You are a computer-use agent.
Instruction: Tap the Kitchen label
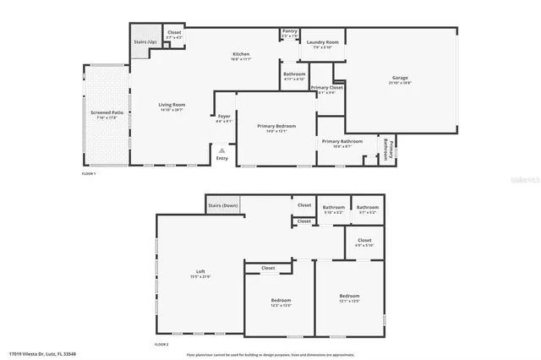(x=242, y=55)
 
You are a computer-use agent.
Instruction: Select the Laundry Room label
(x=322, y=42)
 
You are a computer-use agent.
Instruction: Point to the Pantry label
(x=289, y=32)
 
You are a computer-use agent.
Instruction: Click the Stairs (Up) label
(x=145, y=42)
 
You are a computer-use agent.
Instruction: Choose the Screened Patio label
(x=107, y=112)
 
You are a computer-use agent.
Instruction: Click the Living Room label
(x=172, y=106)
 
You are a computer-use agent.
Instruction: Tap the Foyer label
(x=224, y=117)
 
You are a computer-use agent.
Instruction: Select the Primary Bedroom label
(x=276, y=126)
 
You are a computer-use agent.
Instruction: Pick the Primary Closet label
(x=326, y=88)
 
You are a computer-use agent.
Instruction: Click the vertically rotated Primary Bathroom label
(x=387, y=149)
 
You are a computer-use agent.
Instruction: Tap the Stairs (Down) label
(x=224, y=205)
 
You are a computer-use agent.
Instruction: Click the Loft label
(x=201, y=271)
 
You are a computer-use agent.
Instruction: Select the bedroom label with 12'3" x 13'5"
(x=281, y=301)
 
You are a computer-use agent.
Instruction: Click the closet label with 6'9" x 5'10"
(x=364, y=241)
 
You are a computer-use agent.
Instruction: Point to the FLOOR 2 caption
(x=161, y=344)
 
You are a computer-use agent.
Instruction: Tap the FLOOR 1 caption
(x=89, y=173)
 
